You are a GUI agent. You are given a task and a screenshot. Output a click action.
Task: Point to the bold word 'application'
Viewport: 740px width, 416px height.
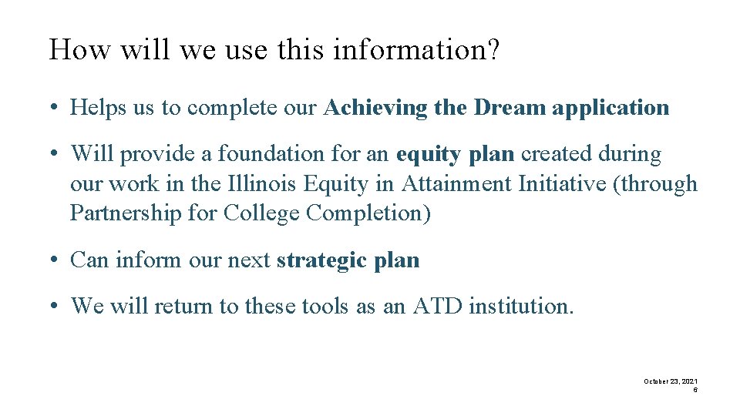[x=610, y=109]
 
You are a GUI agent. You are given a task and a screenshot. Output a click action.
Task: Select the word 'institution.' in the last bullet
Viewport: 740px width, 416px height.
[x=521, y=306]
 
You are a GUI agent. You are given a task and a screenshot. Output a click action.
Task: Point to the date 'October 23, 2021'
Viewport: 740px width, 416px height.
[x=671, y=381]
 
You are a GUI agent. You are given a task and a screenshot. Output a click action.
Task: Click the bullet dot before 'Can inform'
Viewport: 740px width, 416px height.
[x=57, y=260]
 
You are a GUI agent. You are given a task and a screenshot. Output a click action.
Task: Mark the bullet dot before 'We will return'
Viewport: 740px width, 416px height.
[x=57, y=306]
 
